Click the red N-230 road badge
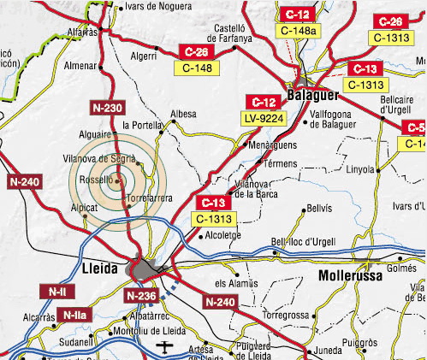[x=107, y=108]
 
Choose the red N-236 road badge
[x=141, y=296]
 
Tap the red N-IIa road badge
[x=74, y=316]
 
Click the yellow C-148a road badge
[x=297, y=32]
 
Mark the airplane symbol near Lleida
[x=164, y=347]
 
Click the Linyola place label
[x=360, y=169]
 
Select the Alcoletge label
[x=223, y=235]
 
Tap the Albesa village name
[x=183, y=113]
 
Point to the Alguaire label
[x=95, y=134]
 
